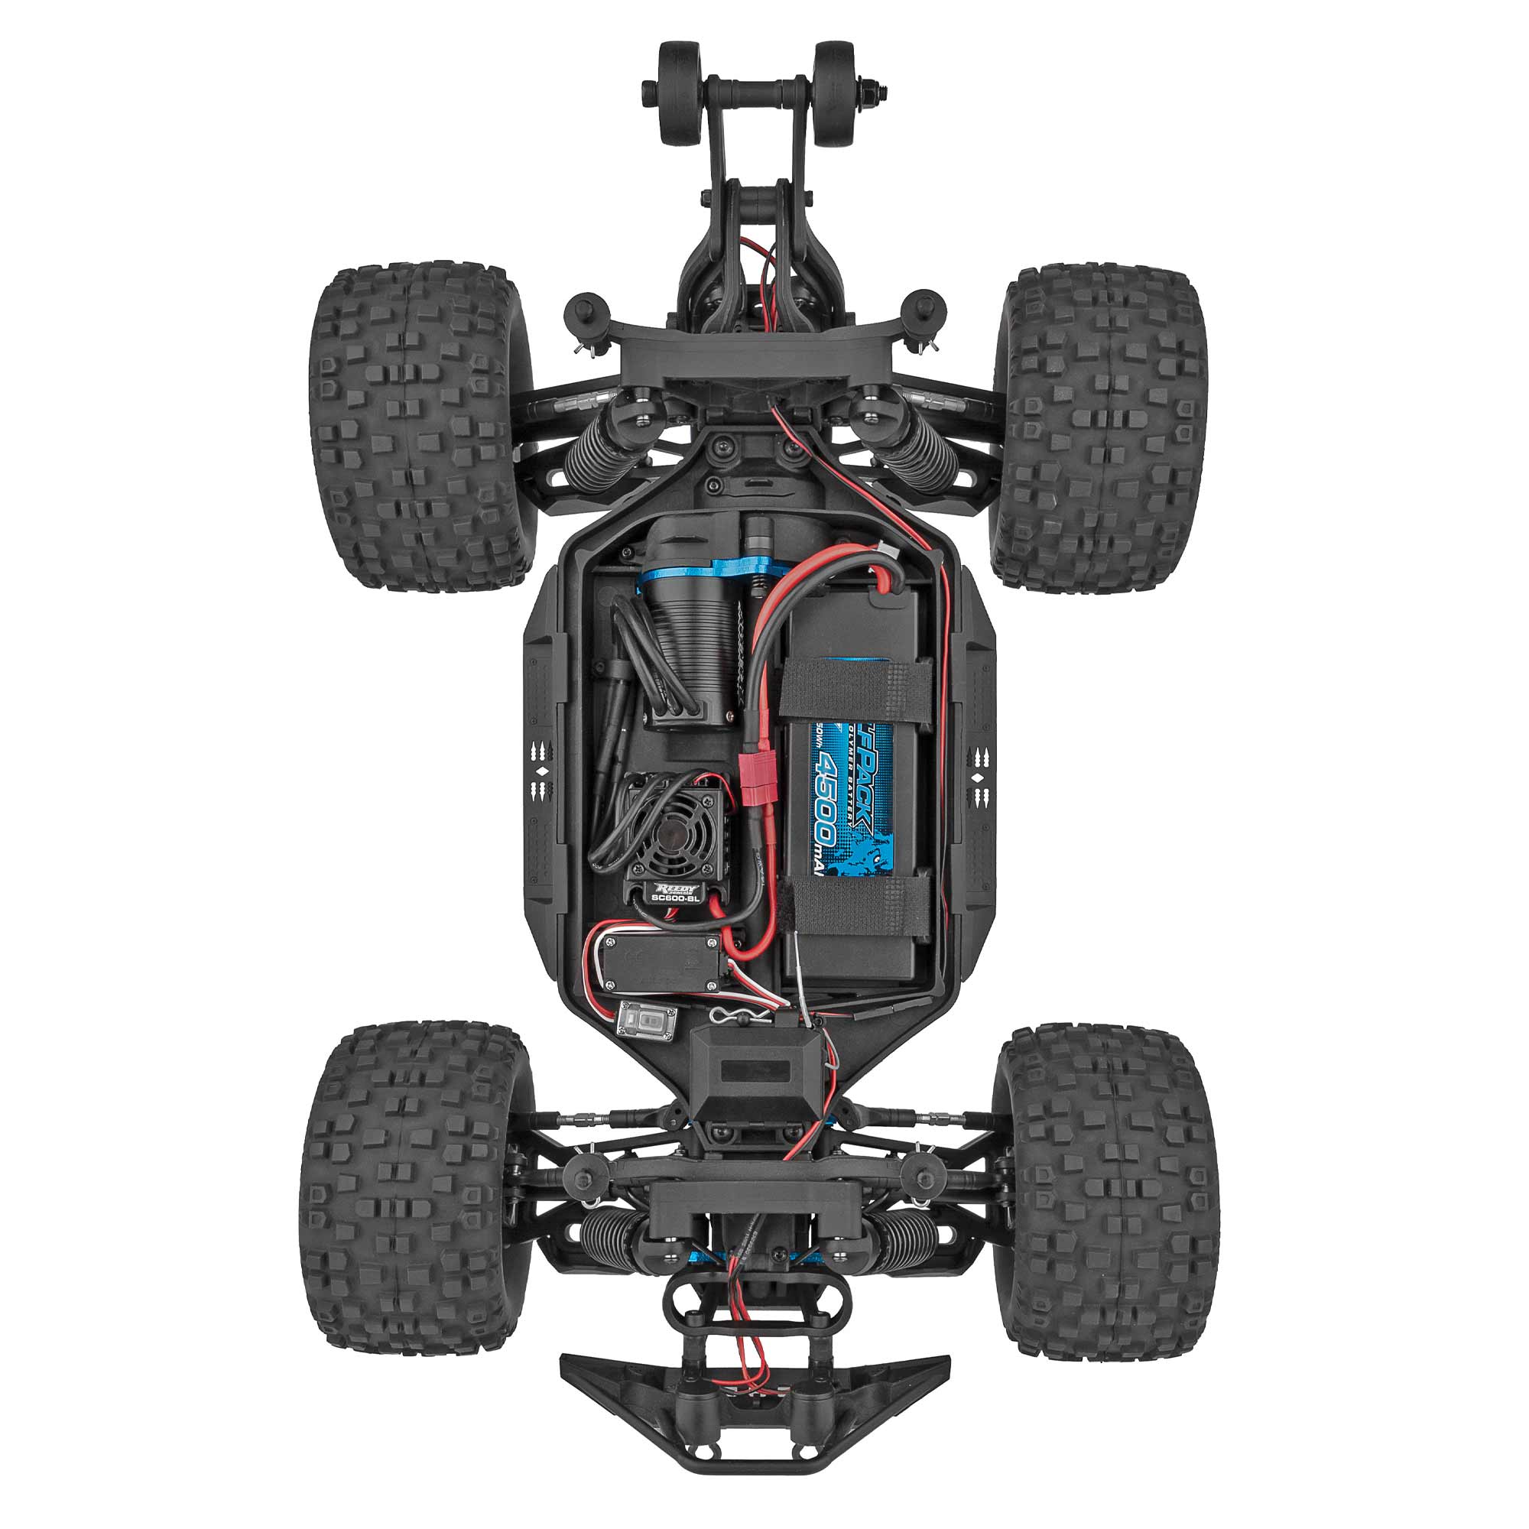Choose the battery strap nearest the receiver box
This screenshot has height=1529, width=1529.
(x=859, y=903)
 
